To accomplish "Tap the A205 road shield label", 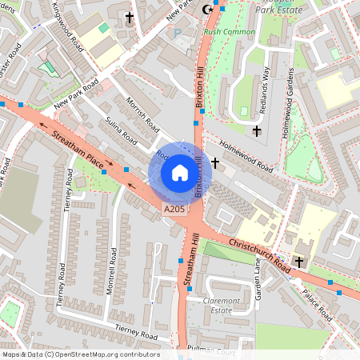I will (x=175, y=210).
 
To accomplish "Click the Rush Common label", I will (x=230, y=32).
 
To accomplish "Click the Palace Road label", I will (x=318, y=305).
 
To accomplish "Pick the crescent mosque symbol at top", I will (x=210, y=9).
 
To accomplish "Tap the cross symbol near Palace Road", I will (x=299, y=262).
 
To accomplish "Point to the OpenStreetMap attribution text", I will (x=81, y=354).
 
